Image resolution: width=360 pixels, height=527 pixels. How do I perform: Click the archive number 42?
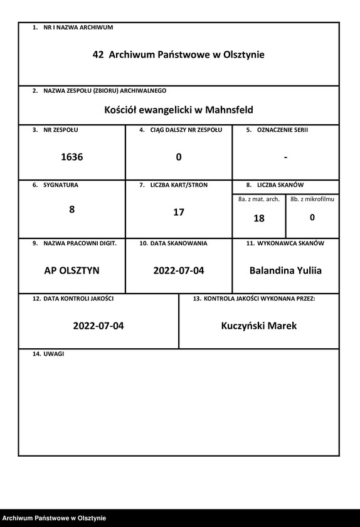click(x=98, y=55)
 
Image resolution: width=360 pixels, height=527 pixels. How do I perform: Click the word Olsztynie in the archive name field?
click(x=241, y=55)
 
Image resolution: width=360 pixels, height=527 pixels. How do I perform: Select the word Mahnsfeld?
click(x=230, y=110)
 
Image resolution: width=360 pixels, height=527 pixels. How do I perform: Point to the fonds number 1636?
click(x=71, y=157)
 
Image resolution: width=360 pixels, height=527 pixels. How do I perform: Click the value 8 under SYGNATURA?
click(x=71, y=210)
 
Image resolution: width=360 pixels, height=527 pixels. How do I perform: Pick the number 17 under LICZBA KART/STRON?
click(x=179, y=212)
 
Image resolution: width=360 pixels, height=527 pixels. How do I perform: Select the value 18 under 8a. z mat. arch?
click(x=259, y=218)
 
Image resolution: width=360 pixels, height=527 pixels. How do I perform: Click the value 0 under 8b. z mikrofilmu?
click(x=312, y=218)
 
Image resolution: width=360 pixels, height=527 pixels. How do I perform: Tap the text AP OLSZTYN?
click(x=71, y=271)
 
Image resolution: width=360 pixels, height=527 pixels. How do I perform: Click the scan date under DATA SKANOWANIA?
click(x=179, y=271)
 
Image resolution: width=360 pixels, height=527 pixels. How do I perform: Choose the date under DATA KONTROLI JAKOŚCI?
click(x=98, y=326)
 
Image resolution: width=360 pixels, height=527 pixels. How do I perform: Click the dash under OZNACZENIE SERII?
click(x=285, y=157)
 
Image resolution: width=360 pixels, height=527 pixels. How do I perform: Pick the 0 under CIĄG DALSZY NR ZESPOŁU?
click(x=179, y=157)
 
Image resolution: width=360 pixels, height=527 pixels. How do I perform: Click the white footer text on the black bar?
click(x=54, y=518)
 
